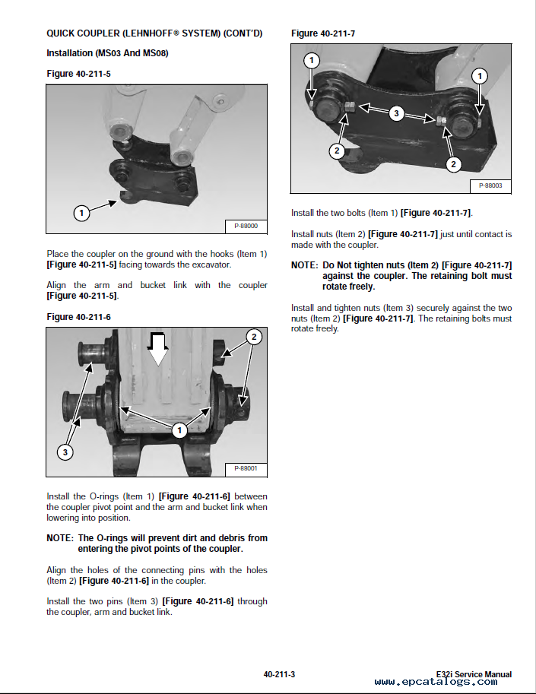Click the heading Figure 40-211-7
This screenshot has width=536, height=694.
[x=323, y=33]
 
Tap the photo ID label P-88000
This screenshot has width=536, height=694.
[x=246, y=226]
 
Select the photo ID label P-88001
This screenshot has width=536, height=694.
[x=246, y=469]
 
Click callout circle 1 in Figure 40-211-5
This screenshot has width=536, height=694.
[x=81, y=213]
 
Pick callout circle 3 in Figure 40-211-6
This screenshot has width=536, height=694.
[x=65, y=452]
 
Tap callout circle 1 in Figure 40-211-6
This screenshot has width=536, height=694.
[x=179, y=431]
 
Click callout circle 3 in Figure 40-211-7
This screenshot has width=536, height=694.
[x=395, y=113]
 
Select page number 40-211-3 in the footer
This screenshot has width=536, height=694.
[x=279, y=674]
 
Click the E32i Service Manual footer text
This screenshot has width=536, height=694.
[x=474, y=674]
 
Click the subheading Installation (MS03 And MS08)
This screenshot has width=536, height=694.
[x=107, y=53]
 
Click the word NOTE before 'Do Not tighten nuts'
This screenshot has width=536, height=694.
[x=304, y=265]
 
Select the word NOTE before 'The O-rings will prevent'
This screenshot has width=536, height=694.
[x=59, y=538]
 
